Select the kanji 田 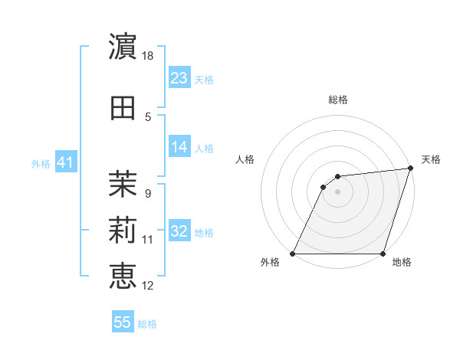pos(123,107)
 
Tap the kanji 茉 pos(123,182)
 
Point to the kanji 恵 pos(123,275)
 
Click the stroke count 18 pos(149,55)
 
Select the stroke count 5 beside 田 pos(148,117)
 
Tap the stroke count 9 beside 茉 pos(148,193)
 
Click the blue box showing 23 pos(179,78)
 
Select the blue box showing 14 pos(179,147)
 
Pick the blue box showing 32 pos(179,231)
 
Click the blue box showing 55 pos(123,322)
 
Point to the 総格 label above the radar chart pos(338,100)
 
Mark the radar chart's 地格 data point pos(383,254)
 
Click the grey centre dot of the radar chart pos(338,191)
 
